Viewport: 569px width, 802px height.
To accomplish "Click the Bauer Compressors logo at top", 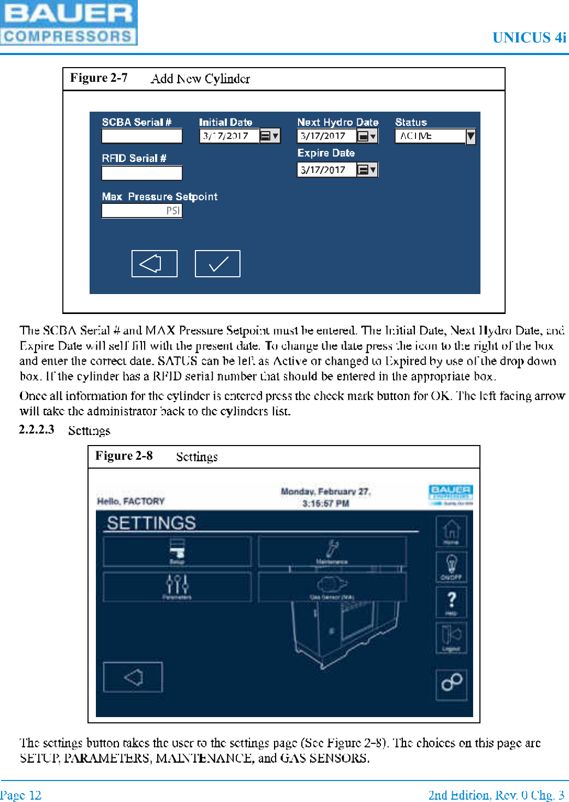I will tap(68, 23).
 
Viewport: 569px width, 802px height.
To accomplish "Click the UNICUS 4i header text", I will tap(529, 38).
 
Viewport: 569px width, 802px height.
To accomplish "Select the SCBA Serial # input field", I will tap(142, 136).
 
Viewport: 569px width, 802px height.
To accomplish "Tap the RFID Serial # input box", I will tap(142, 172).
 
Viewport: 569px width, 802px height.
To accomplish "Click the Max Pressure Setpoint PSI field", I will tap(142, 211).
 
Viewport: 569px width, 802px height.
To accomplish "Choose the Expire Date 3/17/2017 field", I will tap(326, 170).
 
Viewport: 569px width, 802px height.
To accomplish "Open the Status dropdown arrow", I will tap(470, 136).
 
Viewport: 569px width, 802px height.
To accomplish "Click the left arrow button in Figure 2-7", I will tap(154, 263).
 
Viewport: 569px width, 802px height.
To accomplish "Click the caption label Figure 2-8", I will tap(124, 456).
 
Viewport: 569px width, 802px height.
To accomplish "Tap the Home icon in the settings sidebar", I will tap(451, 530).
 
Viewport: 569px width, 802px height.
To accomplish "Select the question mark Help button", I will tap(451, 602).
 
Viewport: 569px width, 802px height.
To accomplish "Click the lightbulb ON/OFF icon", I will tap(451, 566).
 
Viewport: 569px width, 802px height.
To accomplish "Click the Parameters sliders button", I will tap(177, 586).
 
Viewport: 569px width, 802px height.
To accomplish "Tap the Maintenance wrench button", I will tap(332, 551).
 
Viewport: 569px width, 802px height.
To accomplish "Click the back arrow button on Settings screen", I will tap(133, 677).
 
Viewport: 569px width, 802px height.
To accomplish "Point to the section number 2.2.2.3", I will tap(37, 429).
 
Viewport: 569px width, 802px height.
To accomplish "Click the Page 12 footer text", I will tap(21, 795).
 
